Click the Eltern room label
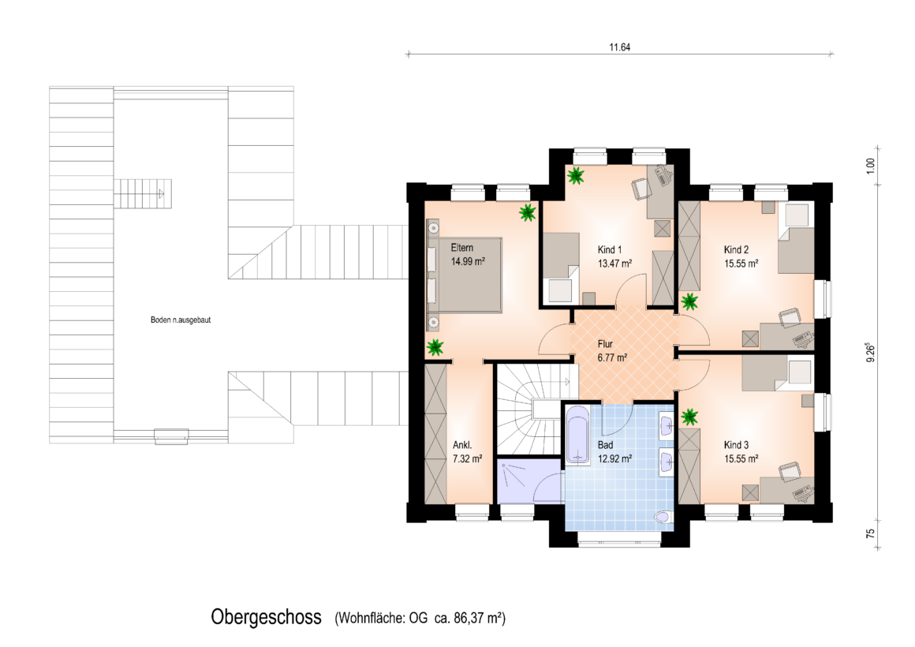461,248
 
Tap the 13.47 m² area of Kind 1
614,264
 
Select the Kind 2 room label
736,250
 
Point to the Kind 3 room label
736,445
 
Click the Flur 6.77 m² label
612,351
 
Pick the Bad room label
605,445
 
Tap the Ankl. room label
462,445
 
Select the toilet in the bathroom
663,517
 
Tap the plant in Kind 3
689,417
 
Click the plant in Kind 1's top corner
576,175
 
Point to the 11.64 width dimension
620,47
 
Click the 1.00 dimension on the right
871,166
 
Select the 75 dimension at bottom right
871,533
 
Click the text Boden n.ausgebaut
181,320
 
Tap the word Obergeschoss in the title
266,617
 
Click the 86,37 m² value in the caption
478,618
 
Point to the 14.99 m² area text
468,262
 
